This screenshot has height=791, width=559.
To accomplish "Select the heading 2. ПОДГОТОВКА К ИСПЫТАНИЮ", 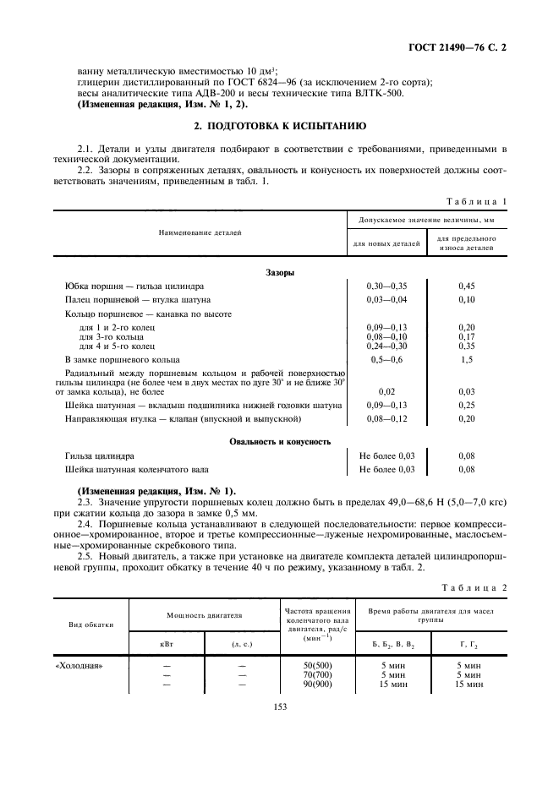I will pos(279,126).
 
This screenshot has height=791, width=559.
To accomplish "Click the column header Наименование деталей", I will pos(200,231).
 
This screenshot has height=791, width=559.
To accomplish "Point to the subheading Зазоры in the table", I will pos(280,273).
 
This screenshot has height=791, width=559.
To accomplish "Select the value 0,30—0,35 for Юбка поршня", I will pos(386,286).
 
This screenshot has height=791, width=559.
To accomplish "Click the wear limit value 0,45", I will pos(466,286).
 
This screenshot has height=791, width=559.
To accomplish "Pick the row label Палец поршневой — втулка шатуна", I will pos(138,300).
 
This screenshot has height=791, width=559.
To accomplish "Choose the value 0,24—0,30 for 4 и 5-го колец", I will pos(386,346).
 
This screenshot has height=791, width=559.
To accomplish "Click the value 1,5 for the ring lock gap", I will pos(466,360).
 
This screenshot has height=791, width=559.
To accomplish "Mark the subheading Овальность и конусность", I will pos(280,442).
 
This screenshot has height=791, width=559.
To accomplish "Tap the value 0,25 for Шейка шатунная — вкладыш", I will pos(466,405).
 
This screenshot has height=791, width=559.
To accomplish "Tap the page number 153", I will pos(280,706).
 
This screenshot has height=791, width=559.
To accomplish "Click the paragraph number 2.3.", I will pos(85,502).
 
